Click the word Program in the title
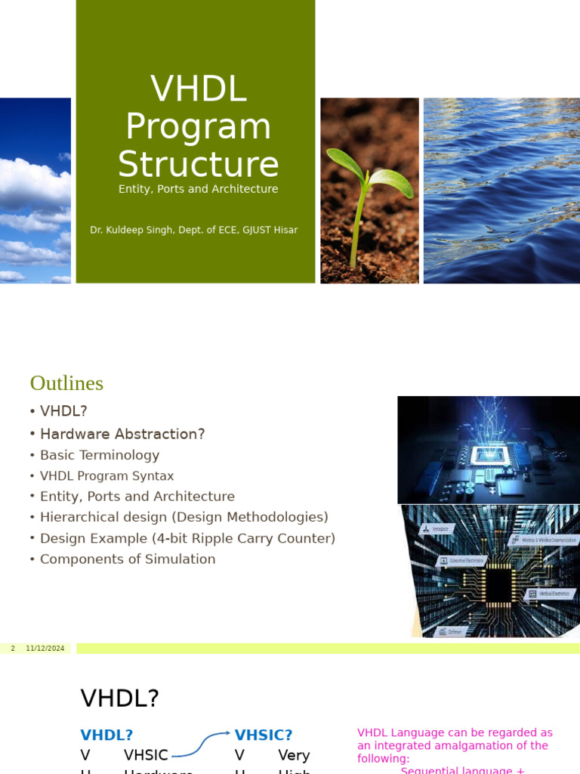click(x=198, y=126)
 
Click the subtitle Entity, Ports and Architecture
click(x=198, y=189)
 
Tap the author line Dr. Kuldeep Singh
click(x=193, y=230)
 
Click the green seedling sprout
click(x=368, y=189)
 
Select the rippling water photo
click(x=501, y=190)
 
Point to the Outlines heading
click(x=66, y=383)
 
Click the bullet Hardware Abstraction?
click(x=122, y=434)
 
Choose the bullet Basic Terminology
click(x=99, y=455)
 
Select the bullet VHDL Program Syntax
click(x=106, y=476)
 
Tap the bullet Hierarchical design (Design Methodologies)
click(x=184, y=517)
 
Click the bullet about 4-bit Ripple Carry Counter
click(x=187, y=538)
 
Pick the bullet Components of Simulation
click(x=128, y=559)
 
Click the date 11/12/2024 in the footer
click(x=45, y=649)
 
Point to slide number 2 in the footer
click(x=13, y=649)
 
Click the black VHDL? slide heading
click(x=120, y=698)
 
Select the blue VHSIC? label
click(x=264, y=735)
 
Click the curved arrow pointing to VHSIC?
click(x=200, y=744)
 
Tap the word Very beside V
click(x=294, y=755)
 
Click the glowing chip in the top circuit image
click(x=486, y=454)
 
